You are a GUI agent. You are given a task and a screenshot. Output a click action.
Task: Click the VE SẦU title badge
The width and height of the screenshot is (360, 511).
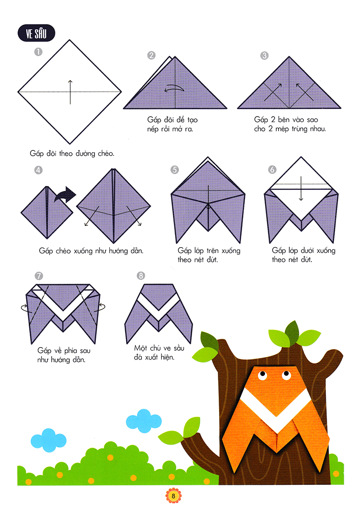tap(36, 33)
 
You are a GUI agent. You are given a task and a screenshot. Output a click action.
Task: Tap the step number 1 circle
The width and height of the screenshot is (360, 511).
tap(38, 52)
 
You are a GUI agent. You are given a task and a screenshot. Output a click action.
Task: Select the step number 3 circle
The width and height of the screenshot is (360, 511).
tap(264, 55)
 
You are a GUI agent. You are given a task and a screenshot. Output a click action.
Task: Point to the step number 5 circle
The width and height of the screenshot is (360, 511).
tap(175, 169)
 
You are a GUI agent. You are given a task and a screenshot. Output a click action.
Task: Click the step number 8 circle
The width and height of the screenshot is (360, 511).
tap(141, 276)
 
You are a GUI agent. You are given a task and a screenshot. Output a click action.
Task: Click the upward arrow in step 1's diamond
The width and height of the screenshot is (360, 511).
tap(70, 92)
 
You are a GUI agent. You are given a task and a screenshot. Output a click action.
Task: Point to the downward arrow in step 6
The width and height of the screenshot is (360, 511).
tap(301, 189)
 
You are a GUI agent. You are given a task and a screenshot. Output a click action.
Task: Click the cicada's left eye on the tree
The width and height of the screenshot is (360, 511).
tap(262, 376)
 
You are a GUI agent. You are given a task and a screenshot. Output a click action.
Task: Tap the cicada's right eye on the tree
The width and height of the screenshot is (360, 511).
tap(287, 375)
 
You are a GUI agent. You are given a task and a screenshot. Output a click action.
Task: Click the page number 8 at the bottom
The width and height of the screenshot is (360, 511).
tap(173, 496)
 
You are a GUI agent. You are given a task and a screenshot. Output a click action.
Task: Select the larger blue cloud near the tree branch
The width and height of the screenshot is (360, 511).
tap(144, 421)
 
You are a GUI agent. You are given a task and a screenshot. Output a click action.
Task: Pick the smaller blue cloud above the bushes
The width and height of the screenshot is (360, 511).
tap(49, 440)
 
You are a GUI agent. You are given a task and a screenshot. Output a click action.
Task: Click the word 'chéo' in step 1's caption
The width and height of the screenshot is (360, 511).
tap(106, 154)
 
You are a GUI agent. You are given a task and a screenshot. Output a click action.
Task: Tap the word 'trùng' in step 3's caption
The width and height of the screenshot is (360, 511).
tap(299, 129)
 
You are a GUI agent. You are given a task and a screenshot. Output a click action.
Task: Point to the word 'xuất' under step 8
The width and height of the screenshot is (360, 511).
tap(151, 357)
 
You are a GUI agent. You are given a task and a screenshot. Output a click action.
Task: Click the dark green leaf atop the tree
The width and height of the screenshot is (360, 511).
tap(292, 332)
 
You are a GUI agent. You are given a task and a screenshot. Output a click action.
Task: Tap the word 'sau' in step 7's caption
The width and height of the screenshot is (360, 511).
tap(85, 351)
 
